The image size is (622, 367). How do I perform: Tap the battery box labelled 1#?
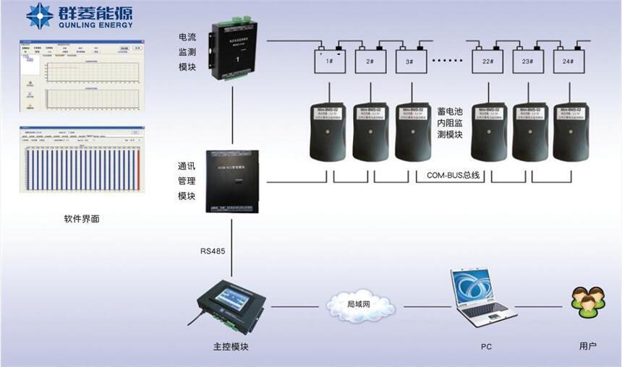click(x=329, y=61)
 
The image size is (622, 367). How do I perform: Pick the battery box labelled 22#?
click(x=487, y=61)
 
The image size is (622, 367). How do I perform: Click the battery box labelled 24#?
click(x=568, y=61)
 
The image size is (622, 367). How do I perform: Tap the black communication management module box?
click(x=231, y=181)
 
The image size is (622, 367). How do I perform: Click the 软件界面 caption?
click(x=81, y=218)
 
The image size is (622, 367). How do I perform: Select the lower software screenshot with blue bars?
click(x=81, y=160)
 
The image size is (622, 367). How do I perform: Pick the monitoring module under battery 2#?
click(x=370, y=131)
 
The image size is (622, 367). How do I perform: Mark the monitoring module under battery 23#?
click(x=530, y=131)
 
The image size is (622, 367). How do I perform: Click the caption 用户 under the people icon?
click(x=587, y=347)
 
